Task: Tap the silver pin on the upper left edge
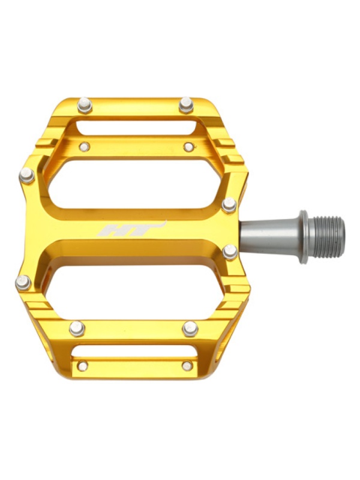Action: tap(27, 176)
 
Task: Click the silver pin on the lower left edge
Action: tap(23, 283)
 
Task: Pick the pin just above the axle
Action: tap(229, 205)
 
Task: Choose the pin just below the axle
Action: tap(230, 252)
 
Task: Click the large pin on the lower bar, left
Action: tap(77, 328)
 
